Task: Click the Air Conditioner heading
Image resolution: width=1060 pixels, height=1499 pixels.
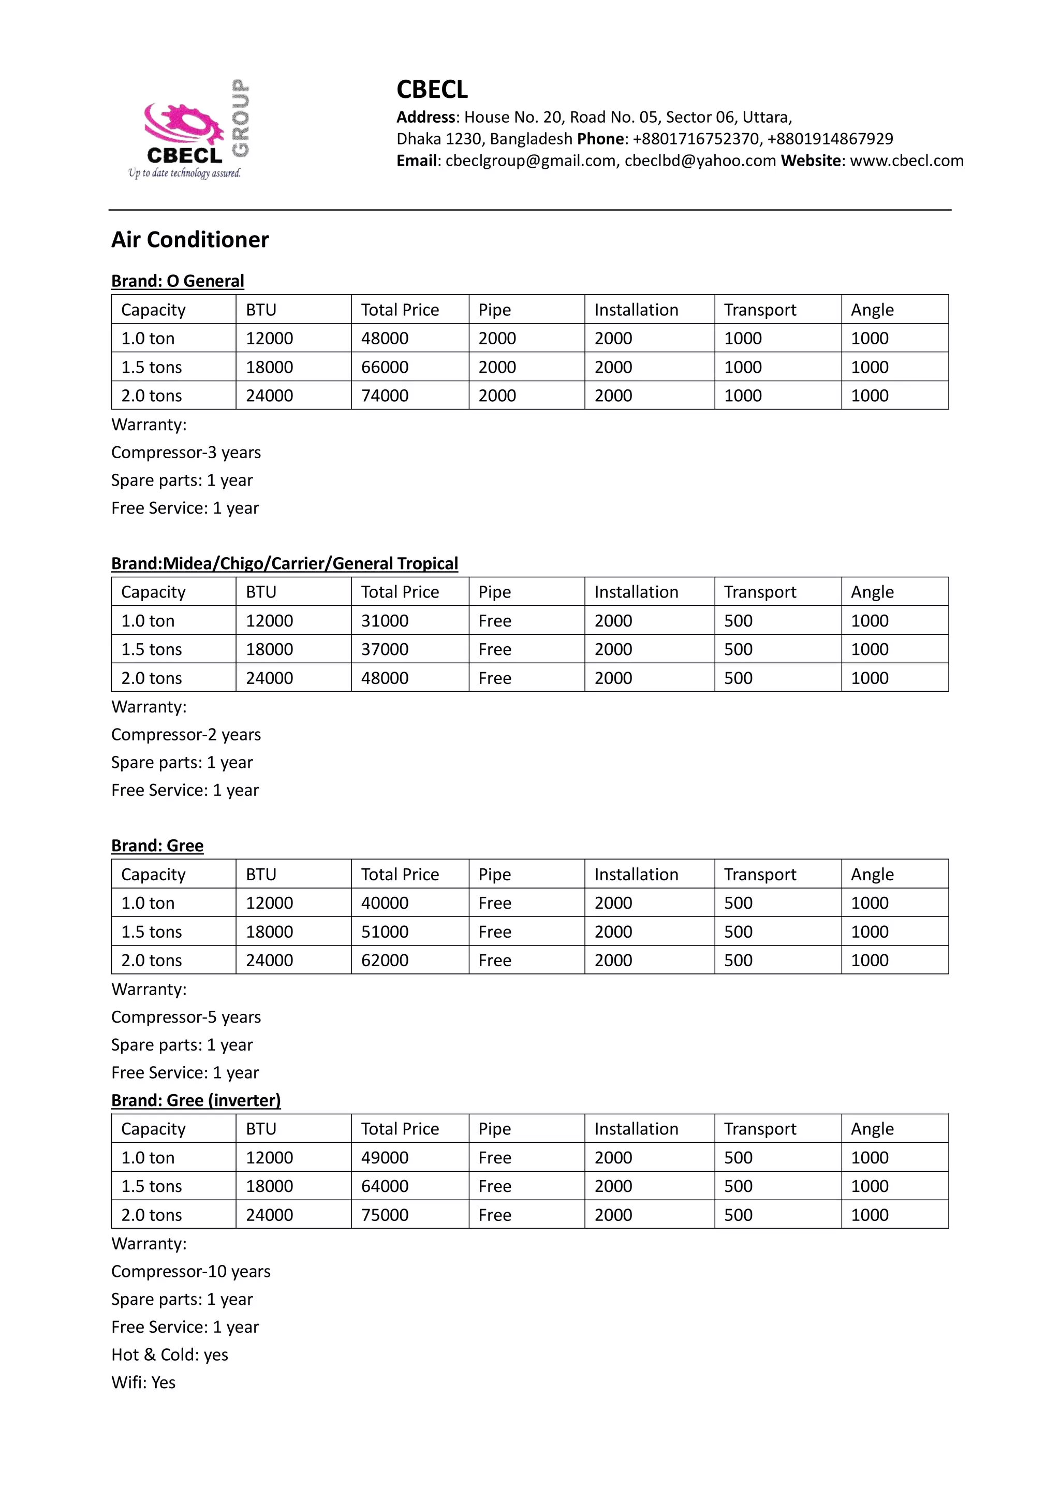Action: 190,240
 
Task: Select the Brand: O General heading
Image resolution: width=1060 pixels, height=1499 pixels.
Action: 178,281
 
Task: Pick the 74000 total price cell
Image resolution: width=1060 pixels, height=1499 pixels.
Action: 385,396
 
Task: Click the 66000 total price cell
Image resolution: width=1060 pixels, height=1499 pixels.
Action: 385,367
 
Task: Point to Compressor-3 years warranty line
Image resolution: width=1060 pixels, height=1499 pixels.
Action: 186,453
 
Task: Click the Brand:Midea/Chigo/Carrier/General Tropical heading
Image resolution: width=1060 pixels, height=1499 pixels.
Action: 285,563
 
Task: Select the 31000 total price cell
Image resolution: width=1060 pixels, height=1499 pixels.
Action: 385,621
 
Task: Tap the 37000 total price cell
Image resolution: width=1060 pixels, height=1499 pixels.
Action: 385,650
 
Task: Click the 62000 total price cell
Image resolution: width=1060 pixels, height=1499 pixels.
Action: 385,960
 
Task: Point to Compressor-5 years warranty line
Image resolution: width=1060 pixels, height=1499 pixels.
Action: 186,1017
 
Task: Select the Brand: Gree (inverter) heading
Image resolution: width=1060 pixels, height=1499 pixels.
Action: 196,1100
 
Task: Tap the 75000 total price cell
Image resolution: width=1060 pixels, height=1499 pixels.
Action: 385,1215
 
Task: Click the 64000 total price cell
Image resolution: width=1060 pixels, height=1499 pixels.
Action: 385,1186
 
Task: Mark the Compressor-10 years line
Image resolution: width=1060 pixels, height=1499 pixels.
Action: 190,1271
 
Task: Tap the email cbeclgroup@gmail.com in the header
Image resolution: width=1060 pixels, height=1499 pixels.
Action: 530,161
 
